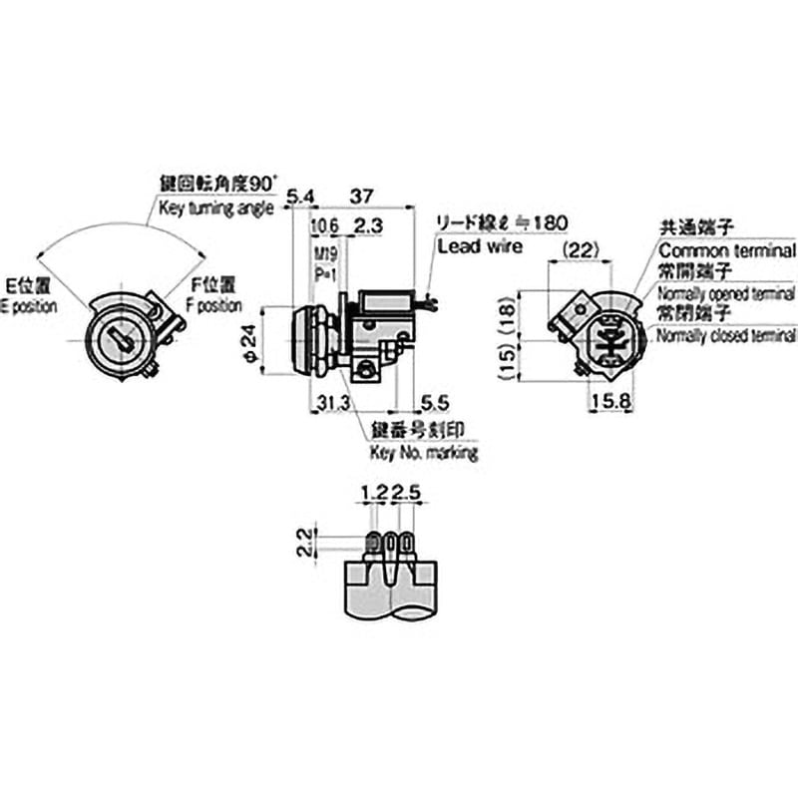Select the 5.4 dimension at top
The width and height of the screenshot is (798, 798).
coord(300,197)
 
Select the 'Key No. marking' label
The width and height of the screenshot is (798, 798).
coord(423,452)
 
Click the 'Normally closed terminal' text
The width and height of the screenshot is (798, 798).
coord(727,336)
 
